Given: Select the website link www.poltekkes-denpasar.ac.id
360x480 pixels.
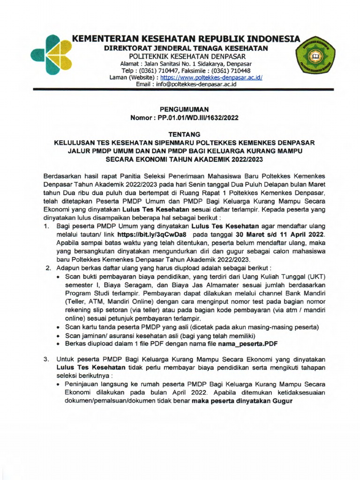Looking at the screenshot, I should click(x=211, y=77).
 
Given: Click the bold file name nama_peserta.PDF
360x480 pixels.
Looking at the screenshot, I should click(x=245, y=344).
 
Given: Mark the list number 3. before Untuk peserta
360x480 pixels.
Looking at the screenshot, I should click(x=47, y=359).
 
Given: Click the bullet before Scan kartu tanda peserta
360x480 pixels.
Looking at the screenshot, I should click(x=57, y=327).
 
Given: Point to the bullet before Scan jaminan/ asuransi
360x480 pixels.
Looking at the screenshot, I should click(x=57, y=335).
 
